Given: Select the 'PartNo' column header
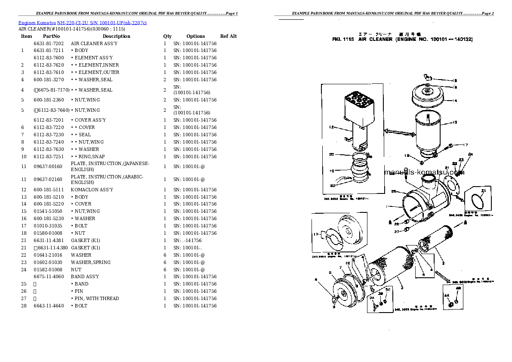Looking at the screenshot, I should tap(51, 37).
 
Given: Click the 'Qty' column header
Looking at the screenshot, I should tap(167, 37).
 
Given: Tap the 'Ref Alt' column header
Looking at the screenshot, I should tap(228, 37).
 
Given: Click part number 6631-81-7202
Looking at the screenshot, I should tap(49, 43).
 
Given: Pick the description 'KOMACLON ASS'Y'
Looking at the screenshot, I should tap(92, 190).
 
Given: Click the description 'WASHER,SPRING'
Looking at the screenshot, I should tap(91, 262).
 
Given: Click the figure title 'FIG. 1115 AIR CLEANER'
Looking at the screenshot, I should tap(402, 39).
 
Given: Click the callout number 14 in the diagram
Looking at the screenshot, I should tap(454, 101).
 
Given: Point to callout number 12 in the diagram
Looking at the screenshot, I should tap(331, 127).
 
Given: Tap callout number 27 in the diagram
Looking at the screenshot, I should tap(396, 231).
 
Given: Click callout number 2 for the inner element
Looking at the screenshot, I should tap(443, 263).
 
